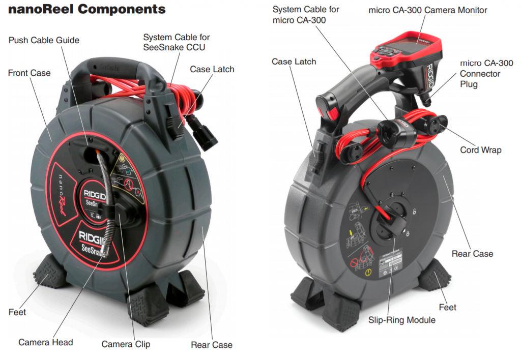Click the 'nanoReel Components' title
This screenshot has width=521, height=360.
86,9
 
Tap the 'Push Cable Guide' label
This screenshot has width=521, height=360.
44,40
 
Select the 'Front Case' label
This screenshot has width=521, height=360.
29,73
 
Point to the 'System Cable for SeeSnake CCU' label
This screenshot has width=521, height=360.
177,42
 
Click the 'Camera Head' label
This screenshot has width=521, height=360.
45,342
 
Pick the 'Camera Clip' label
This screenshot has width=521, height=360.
126,344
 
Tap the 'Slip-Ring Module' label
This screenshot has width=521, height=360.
402,320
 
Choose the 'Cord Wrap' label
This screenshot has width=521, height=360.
480,150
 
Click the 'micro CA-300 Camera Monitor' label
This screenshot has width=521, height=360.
427,10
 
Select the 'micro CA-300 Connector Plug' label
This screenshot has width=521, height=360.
486,73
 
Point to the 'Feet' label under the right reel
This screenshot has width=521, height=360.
447,308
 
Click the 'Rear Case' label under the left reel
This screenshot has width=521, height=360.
212,345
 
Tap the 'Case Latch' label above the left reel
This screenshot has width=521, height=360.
212,70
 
